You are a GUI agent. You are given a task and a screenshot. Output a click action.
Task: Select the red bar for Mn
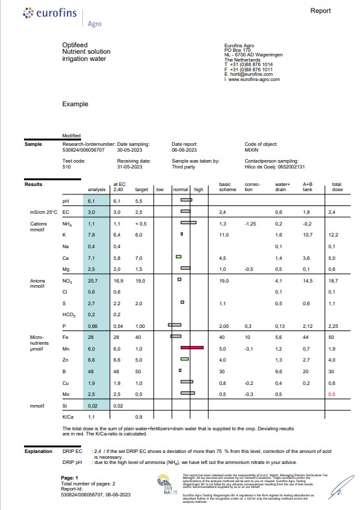[x=192, y=348]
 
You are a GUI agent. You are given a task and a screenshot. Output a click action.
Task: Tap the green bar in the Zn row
[x=184, y=358]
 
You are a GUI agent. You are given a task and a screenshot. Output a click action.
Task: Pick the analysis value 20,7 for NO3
[x=92, y=281]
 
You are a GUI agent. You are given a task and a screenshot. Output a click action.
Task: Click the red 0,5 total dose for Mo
[x=332, y=393]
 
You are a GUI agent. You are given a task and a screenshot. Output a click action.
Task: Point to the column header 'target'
[x=141, y=189]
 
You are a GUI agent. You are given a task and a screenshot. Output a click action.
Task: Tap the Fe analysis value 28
[x=92, y=337]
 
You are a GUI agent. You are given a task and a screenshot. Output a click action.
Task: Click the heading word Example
[x=75, y=104]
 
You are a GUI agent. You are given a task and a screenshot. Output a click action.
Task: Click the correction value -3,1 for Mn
[x=250, y=348]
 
